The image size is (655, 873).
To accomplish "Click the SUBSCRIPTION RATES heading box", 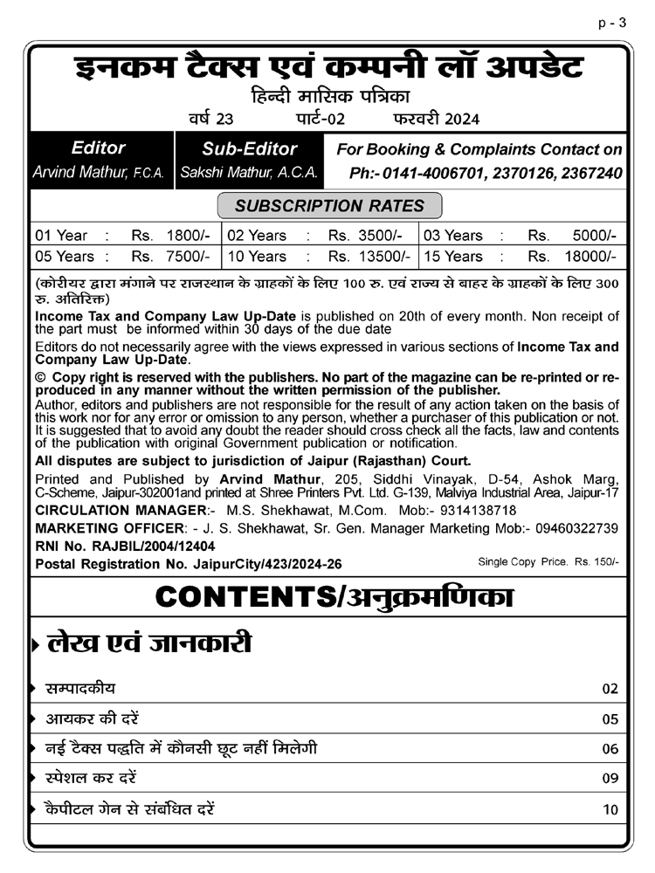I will (329, 206).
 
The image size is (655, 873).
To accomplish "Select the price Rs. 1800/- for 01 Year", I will (170, 236).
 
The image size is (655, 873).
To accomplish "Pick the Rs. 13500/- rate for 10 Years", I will (369, 257).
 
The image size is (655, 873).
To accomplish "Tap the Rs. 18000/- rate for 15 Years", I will (573, 257).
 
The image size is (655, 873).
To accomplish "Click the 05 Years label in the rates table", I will (65, 257).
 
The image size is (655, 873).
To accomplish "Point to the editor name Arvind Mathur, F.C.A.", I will (98, 173).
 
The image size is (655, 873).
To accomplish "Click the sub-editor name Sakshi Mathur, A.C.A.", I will (249, 173).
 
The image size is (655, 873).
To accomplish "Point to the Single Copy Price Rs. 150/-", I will (548, 561).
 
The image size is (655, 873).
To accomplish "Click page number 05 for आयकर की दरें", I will (610, 719).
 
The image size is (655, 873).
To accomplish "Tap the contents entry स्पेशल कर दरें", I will (91, 778).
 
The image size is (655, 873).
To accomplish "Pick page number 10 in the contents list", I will (610, 809).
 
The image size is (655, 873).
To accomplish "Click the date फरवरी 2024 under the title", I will (436, 119).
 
